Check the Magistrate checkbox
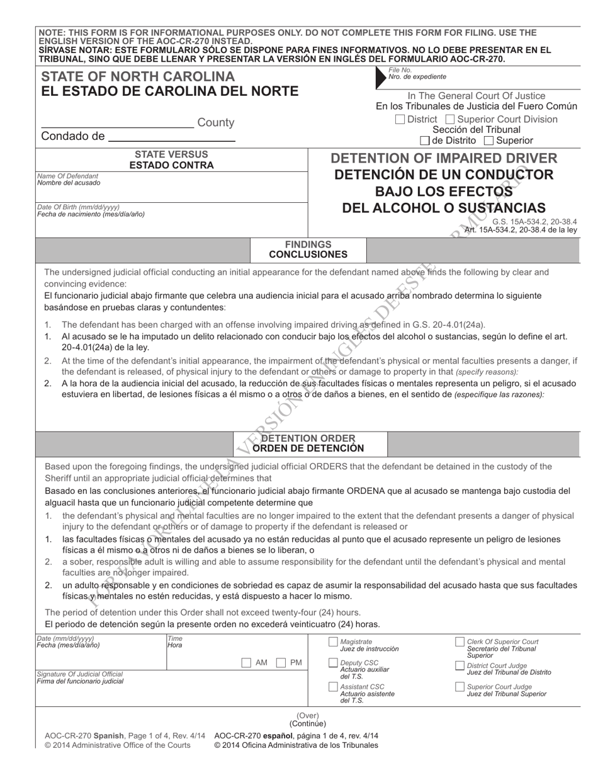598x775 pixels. click(x=333, y=642)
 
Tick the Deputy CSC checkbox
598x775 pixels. click(x=333, y=663)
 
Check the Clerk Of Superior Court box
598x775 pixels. click(x=460, y=642)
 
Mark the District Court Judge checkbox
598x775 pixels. click(x=460, y=666)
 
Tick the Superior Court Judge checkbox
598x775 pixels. click(x=460, y=687)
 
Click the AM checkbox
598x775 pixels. click(x=247, y=663)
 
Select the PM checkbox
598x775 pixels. click(x=282, y=663)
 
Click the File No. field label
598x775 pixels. click(x=400, y=70)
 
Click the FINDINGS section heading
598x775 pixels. click(x=308, y=244)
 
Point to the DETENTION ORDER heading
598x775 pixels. click(x=308, y=438)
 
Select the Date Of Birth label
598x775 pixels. click(x=78, y=207)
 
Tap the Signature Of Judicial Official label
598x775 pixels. click(x=80, y=674)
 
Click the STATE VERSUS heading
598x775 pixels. click(x=171, y=154)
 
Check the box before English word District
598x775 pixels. click(x=400, y=120)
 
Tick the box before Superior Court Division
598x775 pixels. click(x=449, y=120)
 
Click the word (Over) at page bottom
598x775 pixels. click(x=308, y=715)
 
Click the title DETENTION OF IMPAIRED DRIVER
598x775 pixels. click(x=444, y=158)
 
